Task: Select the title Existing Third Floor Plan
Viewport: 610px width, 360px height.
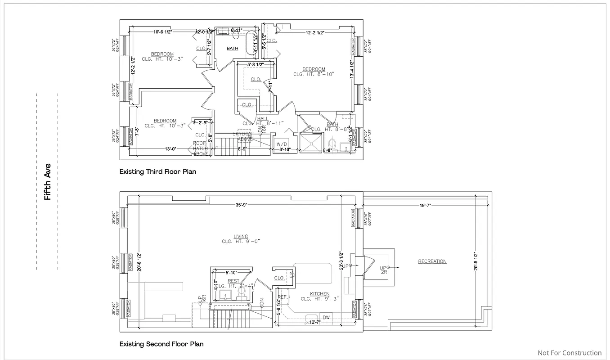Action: click(x=157, y=171)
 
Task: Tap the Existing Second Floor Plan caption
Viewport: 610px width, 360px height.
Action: click(x=161, y=344)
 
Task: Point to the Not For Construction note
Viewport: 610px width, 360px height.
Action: click(x=569, y=353)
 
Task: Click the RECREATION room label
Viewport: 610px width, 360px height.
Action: click(x=432, y=261)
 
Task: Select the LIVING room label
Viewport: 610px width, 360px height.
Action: click(x=241, y=237)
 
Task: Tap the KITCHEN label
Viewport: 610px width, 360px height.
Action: click(x=319, y=294)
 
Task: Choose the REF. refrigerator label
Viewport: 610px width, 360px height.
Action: click(x=283, y=297)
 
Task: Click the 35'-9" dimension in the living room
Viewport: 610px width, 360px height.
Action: click(x=241, y=205)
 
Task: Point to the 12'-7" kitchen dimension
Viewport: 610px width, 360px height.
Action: click(x=314, y=322)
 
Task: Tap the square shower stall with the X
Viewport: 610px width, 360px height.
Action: click(x=311, y=143)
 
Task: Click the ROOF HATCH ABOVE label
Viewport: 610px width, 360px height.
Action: click(x=201, y=148)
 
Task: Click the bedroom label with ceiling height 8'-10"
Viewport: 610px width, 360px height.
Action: click(x=314, y=69)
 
